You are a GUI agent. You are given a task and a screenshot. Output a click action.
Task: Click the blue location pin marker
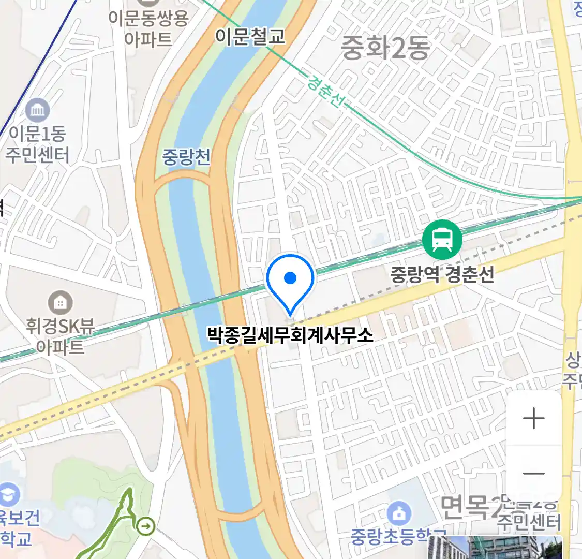point(290,279)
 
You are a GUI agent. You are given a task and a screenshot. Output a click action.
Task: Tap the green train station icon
point(442,239)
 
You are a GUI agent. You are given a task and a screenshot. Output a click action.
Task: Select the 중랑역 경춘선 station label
point(442,274)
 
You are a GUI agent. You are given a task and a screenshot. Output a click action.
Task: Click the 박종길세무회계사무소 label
point(290,334)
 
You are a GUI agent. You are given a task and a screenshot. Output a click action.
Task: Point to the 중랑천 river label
point(186,156)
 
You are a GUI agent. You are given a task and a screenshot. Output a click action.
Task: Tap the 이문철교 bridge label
point(250,36)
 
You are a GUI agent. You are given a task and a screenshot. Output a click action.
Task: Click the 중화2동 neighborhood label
point(385,48)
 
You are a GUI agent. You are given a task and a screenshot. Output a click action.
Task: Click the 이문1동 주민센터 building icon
point(38,110)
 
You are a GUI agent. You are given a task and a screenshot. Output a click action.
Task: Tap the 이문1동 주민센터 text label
point(37,144)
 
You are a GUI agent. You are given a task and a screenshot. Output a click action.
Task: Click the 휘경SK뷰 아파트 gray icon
point(60,302)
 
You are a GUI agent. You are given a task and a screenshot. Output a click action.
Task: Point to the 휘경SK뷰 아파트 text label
point(61,335)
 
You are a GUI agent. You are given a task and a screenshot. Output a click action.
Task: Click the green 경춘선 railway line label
point(324,91)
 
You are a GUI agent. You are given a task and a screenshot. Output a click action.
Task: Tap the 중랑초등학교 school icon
point(399,513)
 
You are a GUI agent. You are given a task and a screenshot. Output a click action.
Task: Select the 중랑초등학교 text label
point(398,536)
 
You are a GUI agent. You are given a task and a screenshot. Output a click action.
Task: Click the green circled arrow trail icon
point(146,526)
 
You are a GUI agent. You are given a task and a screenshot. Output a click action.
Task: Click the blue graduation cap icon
point(8,494)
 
